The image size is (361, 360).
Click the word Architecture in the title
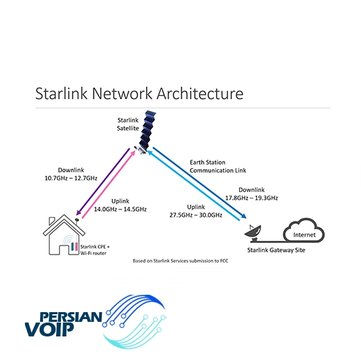[x=200, y=94]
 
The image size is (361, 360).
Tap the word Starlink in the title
[x=62, y=94]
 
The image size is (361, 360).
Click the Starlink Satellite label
[x=127, y=124]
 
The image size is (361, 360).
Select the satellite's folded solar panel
[x=148, y=130]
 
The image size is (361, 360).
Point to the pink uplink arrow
[x=109, y=185]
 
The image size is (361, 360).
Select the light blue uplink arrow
[x=193, y=185]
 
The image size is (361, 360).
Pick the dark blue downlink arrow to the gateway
[x=200, y=182]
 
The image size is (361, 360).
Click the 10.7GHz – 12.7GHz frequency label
[x=71, y=178]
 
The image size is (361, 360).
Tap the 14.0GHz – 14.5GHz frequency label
[x=120, y=209]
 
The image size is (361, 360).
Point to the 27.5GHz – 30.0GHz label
[x=196, y=215]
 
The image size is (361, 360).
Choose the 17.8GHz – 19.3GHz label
[x=252, y=198]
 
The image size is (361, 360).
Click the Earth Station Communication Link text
[x=218, y=166]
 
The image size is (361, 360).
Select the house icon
[x=64, y=235]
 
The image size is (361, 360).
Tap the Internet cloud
[x=304, y=230]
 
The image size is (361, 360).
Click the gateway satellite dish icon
[x=254, y=234]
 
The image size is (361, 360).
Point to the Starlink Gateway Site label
[x=276, y=250]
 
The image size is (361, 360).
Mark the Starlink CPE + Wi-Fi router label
[x=95, y=250]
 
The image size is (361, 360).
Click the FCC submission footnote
[x=180, y=261]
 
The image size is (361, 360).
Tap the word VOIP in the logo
[x=49, y=329]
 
